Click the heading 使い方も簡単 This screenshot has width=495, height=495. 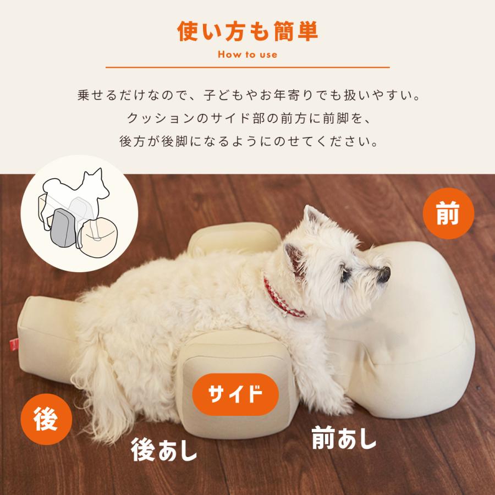click(x=248, y=32)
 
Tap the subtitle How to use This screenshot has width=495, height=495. click(x=248, y=54)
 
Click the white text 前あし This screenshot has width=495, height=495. click(x=344, y=438)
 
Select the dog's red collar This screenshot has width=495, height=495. click(x=284, y=300)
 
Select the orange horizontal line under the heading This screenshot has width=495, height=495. click(x=248, y=68)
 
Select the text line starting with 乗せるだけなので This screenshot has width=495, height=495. click(x=248, y=95)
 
